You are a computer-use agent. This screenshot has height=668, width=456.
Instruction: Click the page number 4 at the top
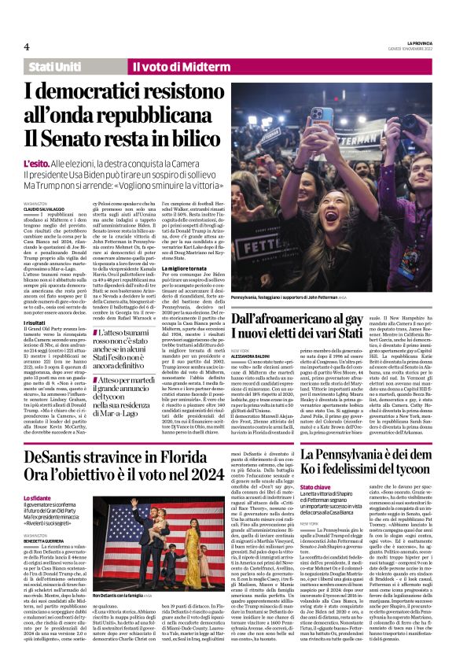coord(26,46)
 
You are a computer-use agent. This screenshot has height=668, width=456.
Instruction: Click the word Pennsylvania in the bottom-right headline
coord(358,455)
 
